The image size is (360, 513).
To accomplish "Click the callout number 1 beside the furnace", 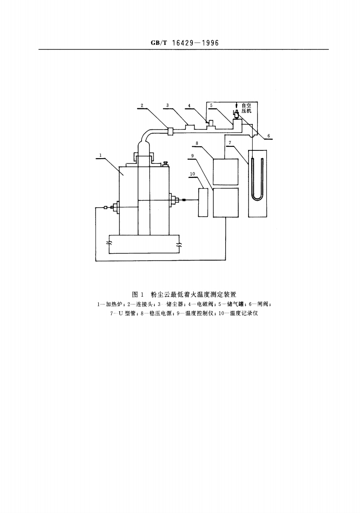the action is coord(100,155).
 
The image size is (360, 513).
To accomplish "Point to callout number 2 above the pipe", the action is coord(142,105).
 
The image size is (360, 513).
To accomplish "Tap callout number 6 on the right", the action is coord(268,136).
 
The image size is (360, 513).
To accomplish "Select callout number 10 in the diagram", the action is coord(192,174).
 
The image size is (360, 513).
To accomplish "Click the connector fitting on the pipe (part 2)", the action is coord(170,131).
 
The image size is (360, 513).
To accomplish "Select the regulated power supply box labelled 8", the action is coord(226,171).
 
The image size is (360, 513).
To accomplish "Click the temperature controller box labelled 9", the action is coord(226,203).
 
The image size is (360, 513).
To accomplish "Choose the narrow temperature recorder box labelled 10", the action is coord(203,202).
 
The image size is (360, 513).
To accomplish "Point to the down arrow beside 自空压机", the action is coord(236,106).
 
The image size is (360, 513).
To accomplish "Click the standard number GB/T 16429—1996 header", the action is coord(184,43).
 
